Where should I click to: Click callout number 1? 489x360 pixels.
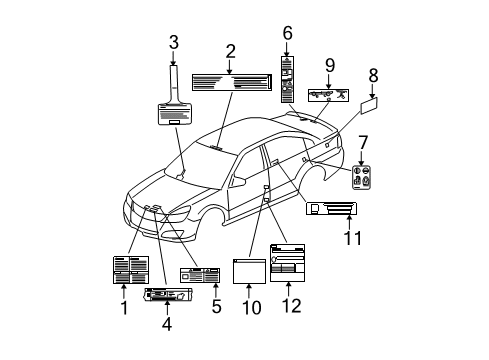123,309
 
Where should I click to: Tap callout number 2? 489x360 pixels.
230,51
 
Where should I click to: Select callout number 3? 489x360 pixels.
174,42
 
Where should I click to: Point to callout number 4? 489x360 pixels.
166,323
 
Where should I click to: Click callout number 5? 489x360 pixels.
215,306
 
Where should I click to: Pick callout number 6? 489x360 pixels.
287,33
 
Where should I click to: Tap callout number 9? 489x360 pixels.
329,66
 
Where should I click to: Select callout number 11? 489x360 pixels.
351,238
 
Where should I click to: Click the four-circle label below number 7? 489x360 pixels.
363,176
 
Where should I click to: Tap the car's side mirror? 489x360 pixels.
240,181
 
